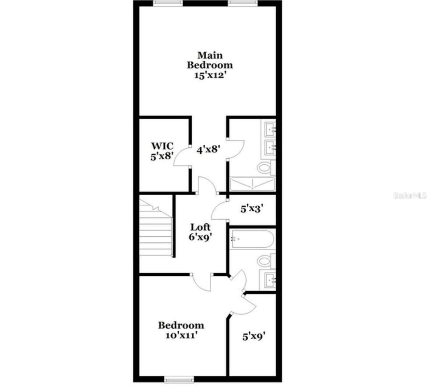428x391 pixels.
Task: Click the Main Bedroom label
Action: pyautogui.click(x=209, y=60)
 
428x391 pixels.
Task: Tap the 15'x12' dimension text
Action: pyautogui.click(x=209, y=75)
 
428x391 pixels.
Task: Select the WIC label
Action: pyautogui.click(x=162, y=146)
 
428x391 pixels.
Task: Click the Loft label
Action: pyautogui.click(x=201, y=227)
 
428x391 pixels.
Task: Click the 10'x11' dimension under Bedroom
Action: pyautogui.click(x=181, y=335)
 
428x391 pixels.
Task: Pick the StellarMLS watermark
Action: pyautogui.click(x=410, y=196)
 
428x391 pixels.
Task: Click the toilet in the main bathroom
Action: pyautogui.click(x=265, y=168)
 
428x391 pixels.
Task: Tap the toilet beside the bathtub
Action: pyautogui.click(x=265, y=261)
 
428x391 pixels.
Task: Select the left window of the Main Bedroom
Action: pyautogui.click(x=168, y=3)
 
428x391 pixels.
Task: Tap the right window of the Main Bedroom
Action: pyautogui.click(x=242, y=3)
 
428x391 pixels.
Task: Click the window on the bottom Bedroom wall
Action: pyautogui.click(x=178, y=380)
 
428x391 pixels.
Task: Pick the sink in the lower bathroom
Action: pyautogui.click(x=270, y=280)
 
